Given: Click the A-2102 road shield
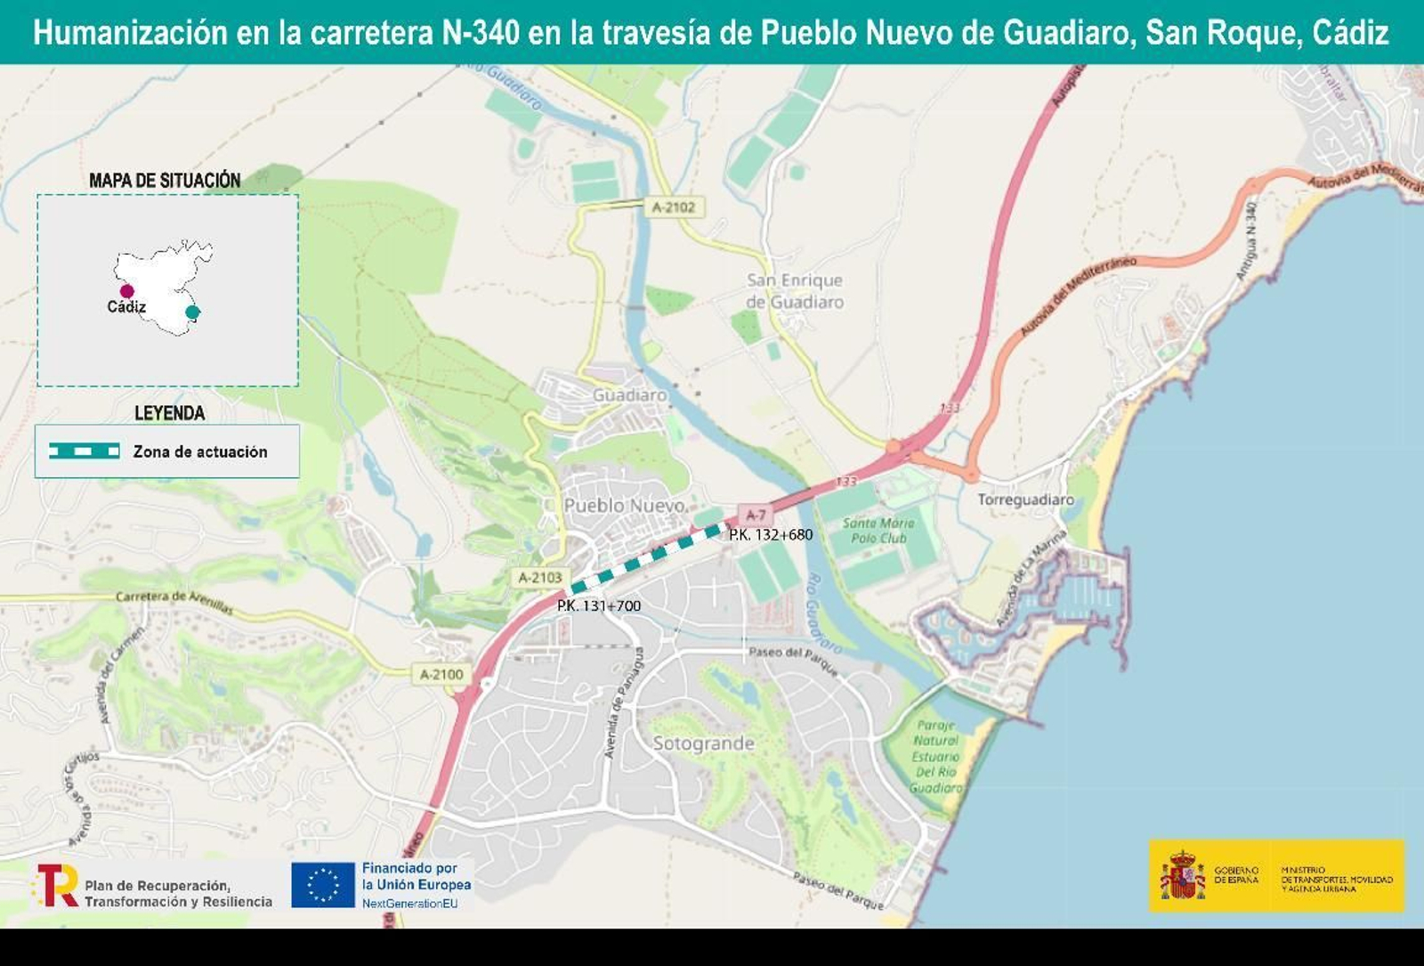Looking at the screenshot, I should (x=673, y=207).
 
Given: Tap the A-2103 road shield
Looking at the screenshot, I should (x=540, y=578).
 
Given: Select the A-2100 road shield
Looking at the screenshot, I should (x=441, y=675).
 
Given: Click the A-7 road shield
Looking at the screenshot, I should (x=756, y=515).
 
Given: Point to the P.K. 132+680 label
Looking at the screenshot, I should (x=771, y=535).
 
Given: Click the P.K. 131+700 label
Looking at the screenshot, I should (x=599, y=606).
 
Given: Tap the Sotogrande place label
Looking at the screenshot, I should (x=703, y=743).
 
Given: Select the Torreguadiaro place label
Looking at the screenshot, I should (x=1025, y=499).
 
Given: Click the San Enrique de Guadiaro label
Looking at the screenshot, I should (x=795, y=291).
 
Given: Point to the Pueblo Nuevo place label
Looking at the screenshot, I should (x=625, y=506).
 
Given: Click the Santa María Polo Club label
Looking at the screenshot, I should (x=878, y=531).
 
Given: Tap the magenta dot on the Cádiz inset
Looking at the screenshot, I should (x=127, y=291).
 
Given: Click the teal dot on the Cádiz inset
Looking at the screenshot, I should (x=192, y=312).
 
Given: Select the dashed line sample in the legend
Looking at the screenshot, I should (x=85, y=451).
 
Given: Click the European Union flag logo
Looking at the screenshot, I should (x=323, y=885).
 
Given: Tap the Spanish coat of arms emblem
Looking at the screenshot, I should (x=1182, y=875).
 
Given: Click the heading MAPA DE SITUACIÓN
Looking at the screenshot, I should (x=165, y=181).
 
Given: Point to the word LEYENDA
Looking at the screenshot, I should (x=169, y=413).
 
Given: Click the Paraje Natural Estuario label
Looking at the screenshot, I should (x=935, y=757).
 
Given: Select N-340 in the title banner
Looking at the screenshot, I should (x=481, y=33).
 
